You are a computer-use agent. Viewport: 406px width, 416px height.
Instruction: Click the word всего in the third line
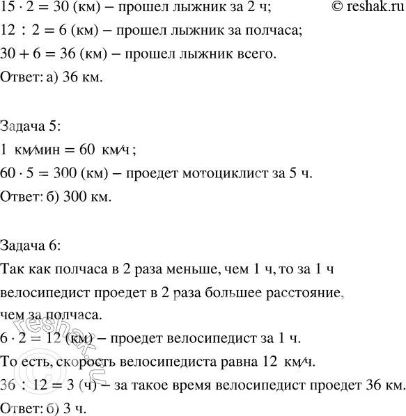click(261, 54)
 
